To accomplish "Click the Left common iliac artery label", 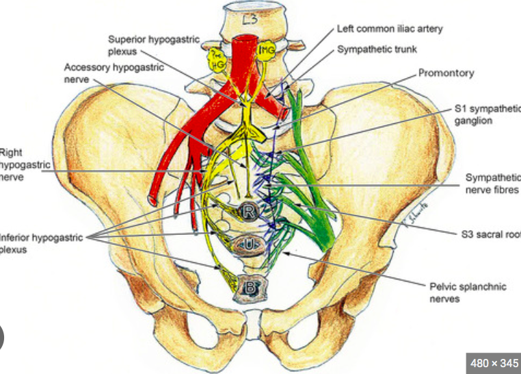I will (390, 29).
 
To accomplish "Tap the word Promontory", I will (446, 73).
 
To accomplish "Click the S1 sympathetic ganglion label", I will (486, 114).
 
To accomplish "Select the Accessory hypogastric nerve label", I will (105, 73).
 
